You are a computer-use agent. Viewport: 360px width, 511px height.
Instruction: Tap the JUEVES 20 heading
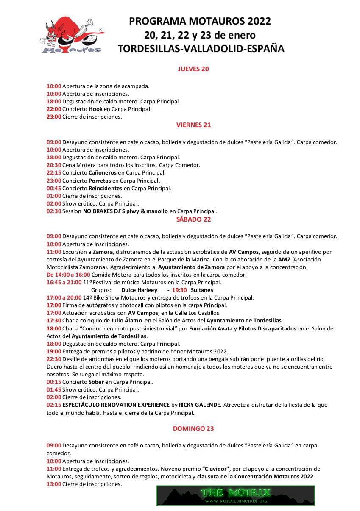pos(193,69)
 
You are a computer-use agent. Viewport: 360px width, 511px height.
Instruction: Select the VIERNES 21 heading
pos(193,125)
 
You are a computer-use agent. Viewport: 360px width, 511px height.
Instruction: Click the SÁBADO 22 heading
pos(193,219)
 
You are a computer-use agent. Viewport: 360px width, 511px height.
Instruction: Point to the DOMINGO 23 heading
pos(193,428)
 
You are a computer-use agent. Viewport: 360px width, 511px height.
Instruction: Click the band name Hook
pos(95,109)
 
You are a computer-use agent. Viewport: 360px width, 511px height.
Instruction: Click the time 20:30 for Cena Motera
pos(54,165)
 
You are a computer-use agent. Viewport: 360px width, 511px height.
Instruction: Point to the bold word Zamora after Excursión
pos(103,252)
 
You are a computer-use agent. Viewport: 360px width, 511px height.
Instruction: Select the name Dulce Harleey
pos(139,290)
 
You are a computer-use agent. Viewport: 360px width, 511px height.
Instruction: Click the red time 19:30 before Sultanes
pos(179,290)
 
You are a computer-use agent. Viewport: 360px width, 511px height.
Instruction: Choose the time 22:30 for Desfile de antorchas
pos(54,358)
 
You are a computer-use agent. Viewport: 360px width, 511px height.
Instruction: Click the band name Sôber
pos(96,382)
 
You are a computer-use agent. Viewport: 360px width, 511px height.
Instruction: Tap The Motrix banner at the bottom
pos(236,495)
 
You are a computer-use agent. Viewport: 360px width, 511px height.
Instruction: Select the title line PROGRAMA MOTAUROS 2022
pos(200,21)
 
